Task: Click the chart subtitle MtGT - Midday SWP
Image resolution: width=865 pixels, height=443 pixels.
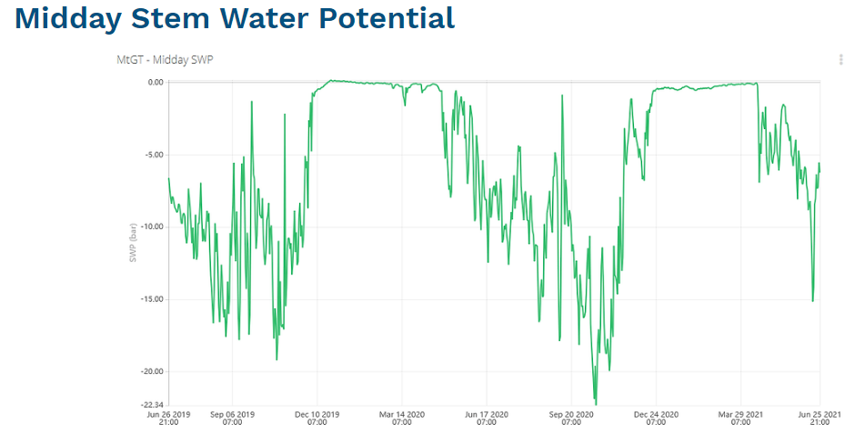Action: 165,60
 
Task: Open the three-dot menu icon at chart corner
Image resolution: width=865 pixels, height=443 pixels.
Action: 840,60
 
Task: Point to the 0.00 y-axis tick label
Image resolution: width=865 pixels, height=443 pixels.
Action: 155,82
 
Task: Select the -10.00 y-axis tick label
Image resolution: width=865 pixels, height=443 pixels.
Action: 151,227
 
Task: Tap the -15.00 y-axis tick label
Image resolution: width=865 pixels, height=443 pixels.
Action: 151,299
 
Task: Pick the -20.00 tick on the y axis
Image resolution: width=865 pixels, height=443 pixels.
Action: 151,371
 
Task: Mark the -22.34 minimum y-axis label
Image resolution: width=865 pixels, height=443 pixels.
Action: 151,405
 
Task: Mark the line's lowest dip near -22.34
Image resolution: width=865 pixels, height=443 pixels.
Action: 596,402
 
